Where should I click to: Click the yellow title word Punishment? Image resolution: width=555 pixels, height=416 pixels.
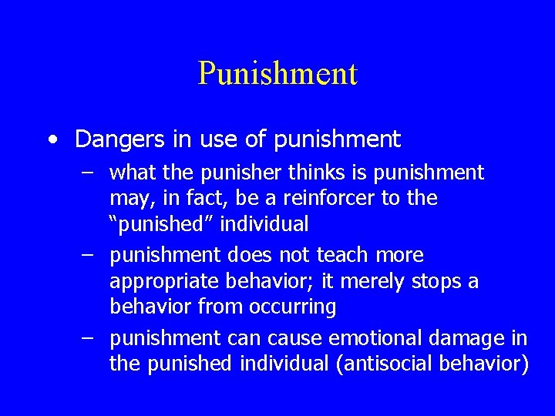click(x=277, y=74)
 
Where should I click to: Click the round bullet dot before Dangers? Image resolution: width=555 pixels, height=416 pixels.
click(x=51, y=140)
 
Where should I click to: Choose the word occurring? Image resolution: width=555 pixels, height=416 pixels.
click(x=294, y=307)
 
